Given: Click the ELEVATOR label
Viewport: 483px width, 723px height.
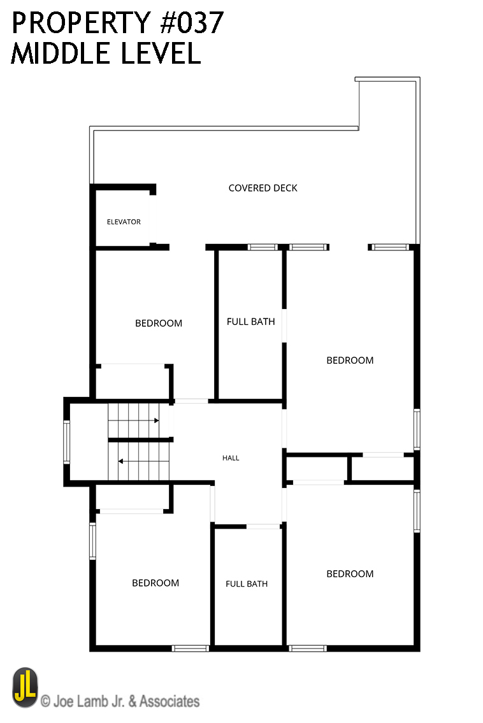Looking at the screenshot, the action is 124,222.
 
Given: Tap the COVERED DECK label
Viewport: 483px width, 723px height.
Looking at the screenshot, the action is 263,188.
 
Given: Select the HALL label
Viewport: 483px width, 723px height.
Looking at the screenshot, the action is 231,458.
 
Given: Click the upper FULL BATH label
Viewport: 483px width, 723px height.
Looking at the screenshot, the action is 250,322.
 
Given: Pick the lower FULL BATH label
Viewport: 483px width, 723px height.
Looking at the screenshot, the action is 247,583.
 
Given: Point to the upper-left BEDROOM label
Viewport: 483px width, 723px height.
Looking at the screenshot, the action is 159,323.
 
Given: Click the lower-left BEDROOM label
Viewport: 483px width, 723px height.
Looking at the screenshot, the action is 155,583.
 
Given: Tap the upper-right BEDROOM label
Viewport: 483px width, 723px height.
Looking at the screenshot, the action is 350,360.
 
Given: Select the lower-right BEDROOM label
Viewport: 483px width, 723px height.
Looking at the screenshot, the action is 350,573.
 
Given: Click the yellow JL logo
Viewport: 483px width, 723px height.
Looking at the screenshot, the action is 25,687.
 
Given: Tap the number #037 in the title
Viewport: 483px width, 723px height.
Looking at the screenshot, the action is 192,22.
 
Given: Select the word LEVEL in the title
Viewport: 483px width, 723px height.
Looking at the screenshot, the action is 161,53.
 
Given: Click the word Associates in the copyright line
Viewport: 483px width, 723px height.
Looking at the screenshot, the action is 169,701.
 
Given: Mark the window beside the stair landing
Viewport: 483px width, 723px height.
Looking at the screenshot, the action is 66,441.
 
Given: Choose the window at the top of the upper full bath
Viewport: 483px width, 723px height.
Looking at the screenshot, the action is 263,247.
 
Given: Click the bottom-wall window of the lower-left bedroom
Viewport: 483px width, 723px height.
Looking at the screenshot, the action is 190,648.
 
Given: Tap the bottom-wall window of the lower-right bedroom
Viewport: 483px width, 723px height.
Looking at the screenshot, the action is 308,648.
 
